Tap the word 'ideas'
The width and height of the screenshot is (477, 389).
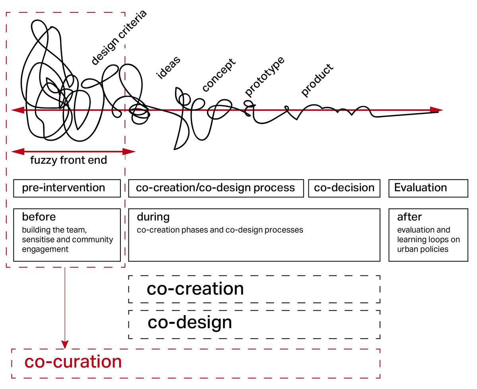point(169,68)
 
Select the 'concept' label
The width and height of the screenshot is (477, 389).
point(218,75)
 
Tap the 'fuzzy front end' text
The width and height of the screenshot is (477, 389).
point(69,161)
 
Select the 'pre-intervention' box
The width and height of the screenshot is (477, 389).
point(67,188)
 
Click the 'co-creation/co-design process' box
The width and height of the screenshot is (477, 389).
point(216,188)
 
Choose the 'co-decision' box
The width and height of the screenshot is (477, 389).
point(344,188)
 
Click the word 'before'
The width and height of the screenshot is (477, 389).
point(39,217)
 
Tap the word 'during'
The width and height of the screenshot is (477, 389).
point(153,217)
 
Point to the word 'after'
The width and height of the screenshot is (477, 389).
point(409,217)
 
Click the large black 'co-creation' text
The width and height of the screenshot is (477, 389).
point(195,289)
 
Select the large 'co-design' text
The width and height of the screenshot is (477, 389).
point(190,323)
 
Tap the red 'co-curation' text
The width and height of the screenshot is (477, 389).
point(73,362)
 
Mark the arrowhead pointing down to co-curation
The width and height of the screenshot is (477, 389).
point(65,343)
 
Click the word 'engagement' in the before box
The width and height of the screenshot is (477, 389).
point(45,250)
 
